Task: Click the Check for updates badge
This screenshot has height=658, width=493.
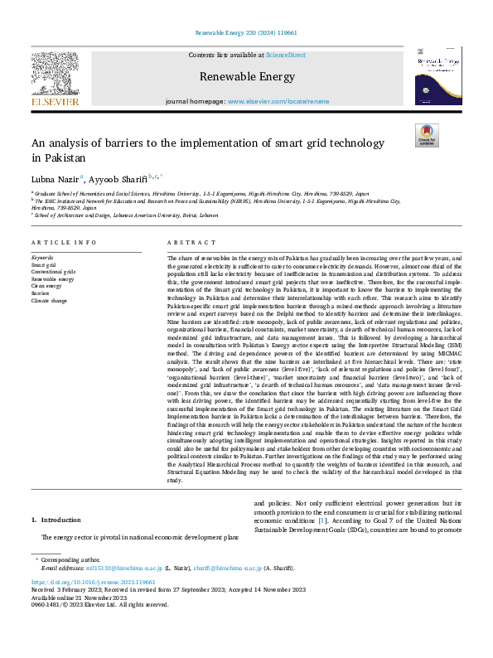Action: tap(427, 136)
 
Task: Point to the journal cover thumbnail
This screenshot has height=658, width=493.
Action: tap(437, 75)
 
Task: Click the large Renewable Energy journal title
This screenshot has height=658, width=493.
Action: tap(246, 77)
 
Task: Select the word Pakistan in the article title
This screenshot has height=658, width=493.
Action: tap(56, 157)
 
